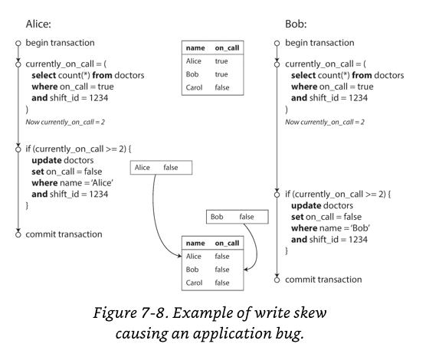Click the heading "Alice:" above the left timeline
point(38,24)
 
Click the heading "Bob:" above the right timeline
point(296,24)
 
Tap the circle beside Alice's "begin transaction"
point(18,43)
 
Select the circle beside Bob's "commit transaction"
point(277,280)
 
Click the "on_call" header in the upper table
point(227,48)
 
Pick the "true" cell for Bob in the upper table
point(221,74)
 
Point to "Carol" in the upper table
point(194,87)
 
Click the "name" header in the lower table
point(195,244)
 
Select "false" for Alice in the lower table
point(222,257)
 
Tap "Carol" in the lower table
point(194,283)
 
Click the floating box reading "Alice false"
point(161,168)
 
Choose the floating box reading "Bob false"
point(238,217)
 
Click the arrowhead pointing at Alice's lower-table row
point(180,256)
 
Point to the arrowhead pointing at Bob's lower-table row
point(246,270)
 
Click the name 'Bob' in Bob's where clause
point(361,228)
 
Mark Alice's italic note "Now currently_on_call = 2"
point(65,122)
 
